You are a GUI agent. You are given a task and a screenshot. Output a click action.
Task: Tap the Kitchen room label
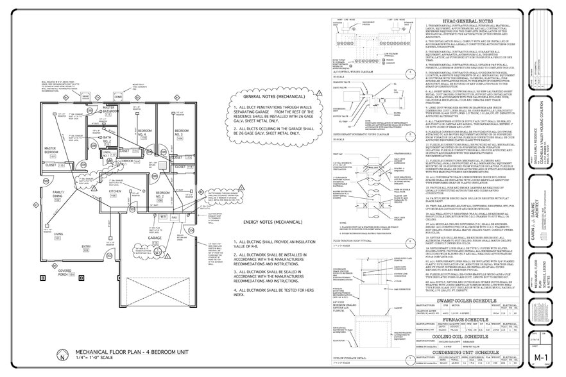[115, 192]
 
